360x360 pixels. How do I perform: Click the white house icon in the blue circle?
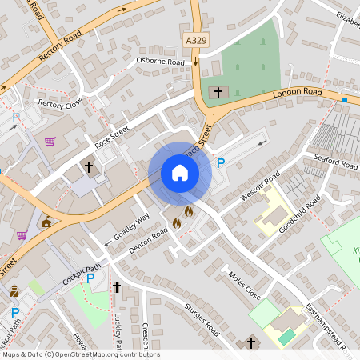179,173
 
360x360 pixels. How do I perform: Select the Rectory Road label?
60,48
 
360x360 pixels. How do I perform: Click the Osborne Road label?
161,61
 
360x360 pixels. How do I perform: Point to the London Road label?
296,93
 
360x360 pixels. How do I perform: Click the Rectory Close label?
60,103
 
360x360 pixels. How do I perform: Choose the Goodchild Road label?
299,213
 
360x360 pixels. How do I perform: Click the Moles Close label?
245,282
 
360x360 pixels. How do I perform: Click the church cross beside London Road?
218,93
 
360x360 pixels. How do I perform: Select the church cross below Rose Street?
90,167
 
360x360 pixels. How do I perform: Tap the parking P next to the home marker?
222,164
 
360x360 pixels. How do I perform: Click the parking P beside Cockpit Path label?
90,278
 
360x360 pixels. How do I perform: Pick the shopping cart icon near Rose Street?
50,142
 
